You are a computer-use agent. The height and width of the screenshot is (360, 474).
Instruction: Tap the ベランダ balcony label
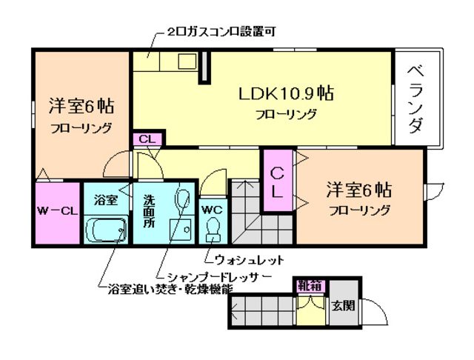click(x=416, y=100)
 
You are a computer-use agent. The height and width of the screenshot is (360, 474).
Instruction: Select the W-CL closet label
click(x=57, y=211)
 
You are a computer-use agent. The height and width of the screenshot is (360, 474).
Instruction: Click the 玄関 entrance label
click(x=343, y=305)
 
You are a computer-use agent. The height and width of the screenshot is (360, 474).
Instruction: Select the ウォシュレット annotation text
click(x=244, y=260)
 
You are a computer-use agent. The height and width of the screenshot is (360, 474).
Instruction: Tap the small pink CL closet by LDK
click(x=146, y=139)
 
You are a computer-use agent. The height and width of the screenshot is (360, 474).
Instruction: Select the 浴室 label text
click(x=107, y=199)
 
